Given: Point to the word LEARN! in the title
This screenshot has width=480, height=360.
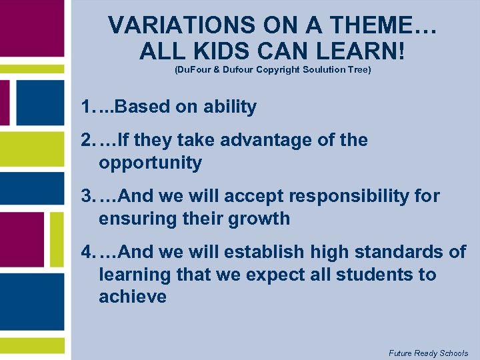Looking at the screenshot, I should tap(361, 51).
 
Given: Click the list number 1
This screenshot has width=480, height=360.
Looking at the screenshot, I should tap(86, 107).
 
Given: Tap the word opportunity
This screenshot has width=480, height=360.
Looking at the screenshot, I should tap(150, 163).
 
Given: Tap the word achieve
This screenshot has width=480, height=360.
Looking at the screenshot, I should tap(133, 297).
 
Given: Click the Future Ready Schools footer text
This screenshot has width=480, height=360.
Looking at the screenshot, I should tap(428, 353).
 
